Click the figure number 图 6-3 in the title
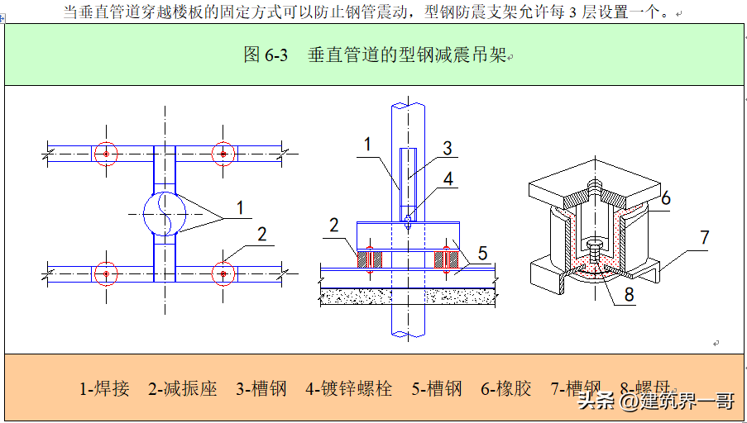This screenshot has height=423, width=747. [x=266, y=55]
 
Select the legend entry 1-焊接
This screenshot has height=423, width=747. [x=104, y=388]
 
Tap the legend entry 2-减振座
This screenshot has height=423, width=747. [x=182, y=388]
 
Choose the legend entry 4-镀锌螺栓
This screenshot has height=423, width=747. [x=348, y=388]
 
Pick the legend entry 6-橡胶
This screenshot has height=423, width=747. [x=505, y=388]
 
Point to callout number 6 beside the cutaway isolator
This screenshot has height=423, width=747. [x=665, y=198]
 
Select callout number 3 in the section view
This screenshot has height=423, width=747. [x=447, y=149]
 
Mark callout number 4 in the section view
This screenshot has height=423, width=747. [x=447, y=178]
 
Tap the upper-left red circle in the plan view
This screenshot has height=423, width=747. [x=105, y=154]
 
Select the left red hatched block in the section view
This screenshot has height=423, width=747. [x=368, y=258]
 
